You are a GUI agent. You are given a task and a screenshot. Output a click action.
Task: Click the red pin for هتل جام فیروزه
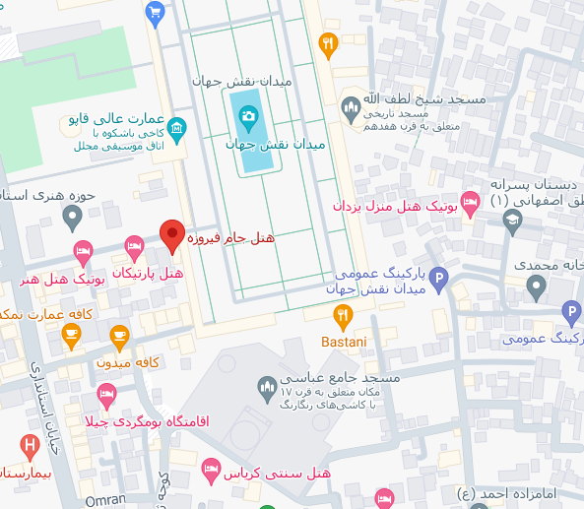pyautogui.click(x=172, y=235)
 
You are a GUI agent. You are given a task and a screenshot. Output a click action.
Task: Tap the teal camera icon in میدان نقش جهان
pyautogui.click(x=248, y=116)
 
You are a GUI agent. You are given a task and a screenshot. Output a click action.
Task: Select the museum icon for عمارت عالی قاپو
pyautogui.click(x=176, y=127)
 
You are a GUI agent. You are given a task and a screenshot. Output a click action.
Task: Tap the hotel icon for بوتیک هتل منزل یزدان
pyautogui.click(x=471, y=203)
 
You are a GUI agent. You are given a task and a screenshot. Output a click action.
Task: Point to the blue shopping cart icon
pyautogui.click(x=155, y=12)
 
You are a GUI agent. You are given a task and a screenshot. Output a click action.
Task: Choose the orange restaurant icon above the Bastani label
pyautogui.click(x=343, y=315)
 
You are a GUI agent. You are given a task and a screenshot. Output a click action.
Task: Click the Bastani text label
pyautogui.click(x=343, y=341)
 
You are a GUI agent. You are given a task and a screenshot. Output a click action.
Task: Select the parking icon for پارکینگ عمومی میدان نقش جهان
pyautogui.click(x=439, y=280)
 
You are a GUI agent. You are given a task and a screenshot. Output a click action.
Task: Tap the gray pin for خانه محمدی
pyautogui.click(x=536, y=287)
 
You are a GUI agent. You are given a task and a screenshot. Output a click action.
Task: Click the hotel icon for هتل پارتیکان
pyautogui.click(x=135, y=247)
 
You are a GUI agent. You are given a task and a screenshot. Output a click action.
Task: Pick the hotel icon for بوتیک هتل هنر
pyautogui.click(x=84, y=252)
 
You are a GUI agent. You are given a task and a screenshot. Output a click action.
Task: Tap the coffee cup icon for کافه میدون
pyautogui.click(x=119, y=338)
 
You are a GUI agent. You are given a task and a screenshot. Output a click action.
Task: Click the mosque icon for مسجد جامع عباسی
pyautogui.click(x=266, y=387)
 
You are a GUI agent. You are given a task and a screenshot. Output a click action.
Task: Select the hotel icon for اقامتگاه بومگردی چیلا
pyautogui.click(x=107, y=397)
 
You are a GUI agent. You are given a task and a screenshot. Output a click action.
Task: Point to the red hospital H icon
pyautogui.click(x=31, y=446)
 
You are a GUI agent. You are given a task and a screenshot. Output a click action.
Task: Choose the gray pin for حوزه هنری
pyautogui.click(x=72, y=216)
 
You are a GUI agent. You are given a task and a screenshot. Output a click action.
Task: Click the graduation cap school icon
pyautogui.click(x=512, y=223)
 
